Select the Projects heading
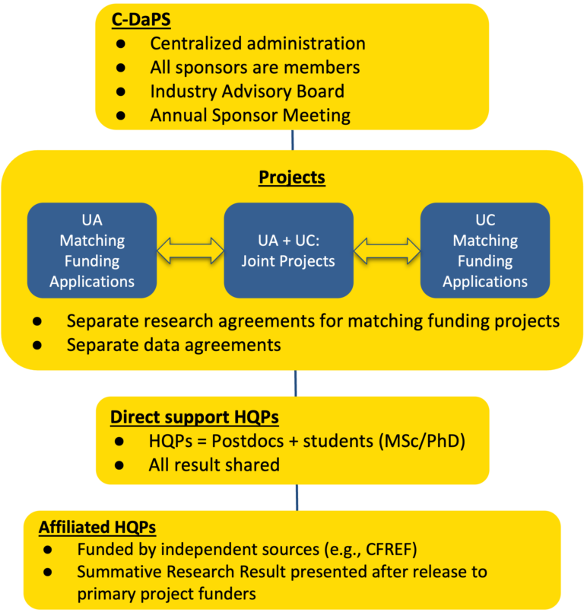[x=291, y=177]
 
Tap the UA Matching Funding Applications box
[x=92, y=250]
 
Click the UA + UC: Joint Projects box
[x=288, y=250]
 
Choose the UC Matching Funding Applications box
[x=484, y=250]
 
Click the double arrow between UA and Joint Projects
[x=190, y=250]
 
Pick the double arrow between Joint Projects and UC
[x=387, y=250]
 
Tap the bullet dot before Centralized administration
[x=121, y=44]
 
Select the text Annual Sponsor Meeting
[x=250, y=116]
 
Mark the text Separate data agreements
[x=173, y=344]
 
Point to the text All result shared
[x=214, y=464]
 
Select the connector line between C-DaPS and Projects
[x=293, y=139]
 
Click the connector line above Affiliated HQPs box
[x=294, y=497]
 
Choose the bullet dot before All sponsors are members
[x=121, y=68]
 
